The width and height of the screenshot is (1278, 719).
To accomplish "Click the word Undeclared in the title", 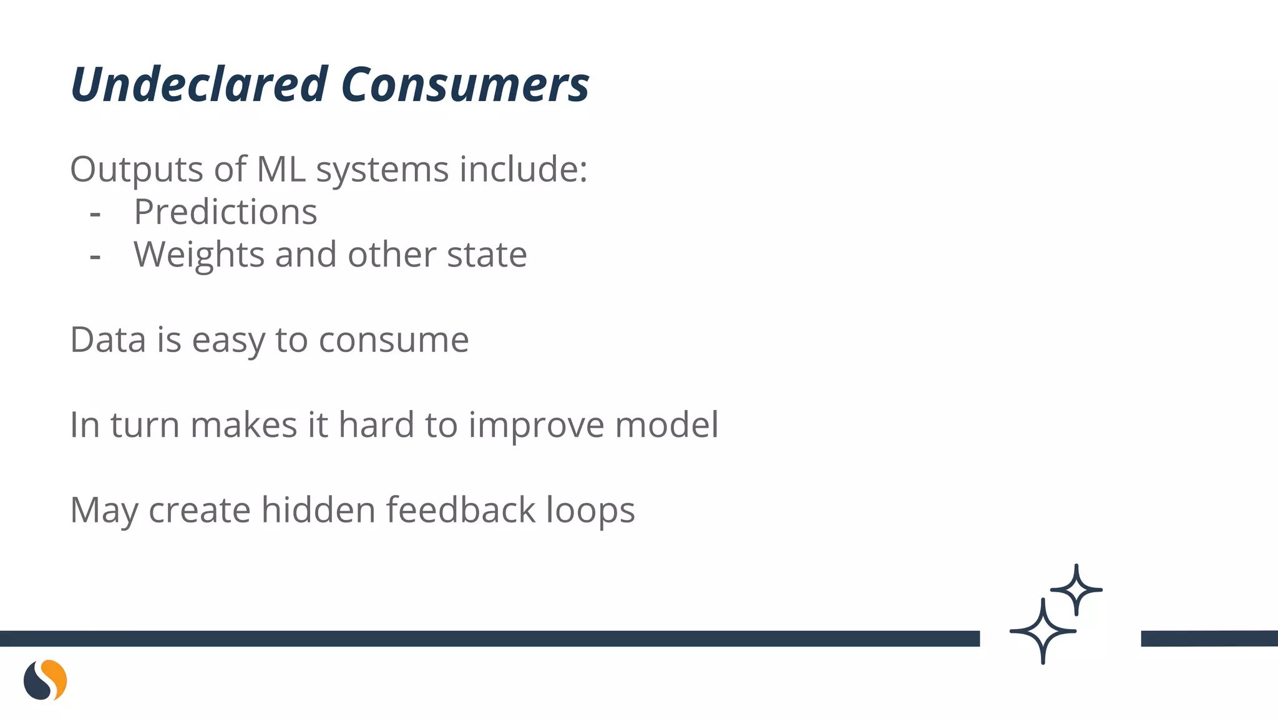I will pos(199,84).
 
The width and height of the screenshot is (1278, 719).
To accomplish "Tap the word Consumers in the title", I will pos(465,84).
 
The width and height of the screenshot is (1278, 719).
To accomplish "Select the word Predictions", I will pos(225,212).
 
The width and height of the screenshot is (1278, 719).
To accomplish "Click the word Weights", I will pos(199,255).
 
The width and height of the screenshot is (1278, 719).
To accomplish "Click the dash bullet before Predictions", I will pos(95,214).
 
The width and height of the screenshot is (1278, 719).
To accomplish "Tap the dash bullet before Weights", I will pos(95,257).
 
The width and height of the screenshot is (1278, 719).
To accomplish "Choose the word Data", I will pos(108,340).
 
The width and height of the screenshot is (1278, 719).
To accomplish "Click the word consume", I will pos(394,341).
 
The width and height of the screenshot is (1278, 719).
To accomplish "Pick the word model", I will pos(666,425).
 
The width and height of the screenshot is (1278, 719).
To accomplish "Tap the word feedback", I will pos(461,510).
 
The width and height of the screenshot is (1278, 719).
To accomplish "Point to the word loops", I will pos(590,511).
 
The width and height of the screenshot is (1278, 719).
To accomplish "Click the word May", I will pos(104,511).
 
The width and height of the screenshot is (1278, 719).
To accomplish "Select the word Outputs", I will pos(137,169).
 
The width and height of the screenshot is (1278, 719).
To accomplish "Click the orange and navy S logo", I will pos(46,680).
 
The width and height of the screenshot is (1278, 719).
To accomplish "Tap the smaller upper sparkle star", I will pos(1076,589).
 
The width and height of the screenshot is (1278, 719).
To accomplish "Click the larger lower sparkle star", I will pos(1043,631).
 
